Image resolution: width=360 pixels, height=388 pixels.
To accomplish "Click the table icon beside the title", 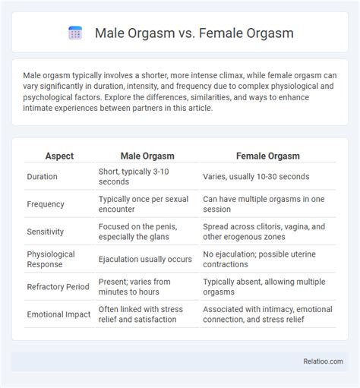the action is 75,33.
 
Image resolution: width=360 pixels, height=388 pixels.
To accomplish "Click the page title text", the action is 194,33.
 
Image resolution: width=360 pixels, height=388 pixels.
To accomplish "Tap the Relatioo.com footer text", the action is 323,361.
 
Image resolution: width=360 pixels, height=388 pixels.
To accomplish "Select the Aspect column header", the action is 59,156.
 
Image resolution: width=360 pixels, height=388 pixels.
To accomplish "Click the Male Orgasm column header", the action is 147,156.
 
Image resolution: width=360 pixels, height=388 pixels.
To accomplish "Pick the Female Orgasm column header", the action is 268,156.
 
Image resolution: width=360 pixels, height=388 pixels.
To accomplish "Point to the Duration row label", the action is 42,176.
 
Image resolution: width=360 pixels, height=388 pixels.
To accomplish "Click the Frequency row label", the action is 46,204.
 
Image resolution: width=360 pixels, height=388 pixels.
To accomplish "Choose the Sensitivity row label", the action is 46,232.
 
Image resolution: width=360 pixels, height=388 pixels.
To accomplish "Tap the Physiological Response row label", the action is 51,259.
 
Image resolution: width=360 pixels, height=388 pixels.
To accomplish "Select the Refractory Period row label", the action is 58,287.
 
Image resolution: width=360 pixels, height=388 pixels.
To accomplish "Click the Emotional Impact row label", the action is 58,314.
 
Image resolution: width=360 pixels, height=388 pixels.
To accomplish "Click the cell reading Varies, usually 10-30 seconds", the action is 256,176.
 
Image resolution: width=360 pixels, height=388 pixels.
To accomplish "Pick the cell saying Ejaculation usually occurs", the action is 145,259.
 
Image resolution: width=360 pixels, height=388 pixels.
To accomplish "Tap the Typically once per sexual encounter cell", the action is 144,204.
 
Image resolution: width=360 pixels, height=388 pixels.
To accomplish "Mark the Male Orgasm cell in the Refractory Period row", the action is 134,287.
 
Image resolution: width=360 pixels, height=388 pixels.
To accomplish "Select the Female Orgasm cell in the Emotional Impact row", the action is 267,314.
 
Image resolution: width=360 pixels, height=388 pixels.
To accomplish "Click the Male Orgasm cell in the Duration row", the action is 134,176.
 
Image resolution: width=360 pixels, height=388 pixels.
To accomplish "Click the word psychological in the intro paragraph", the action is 45,97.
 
